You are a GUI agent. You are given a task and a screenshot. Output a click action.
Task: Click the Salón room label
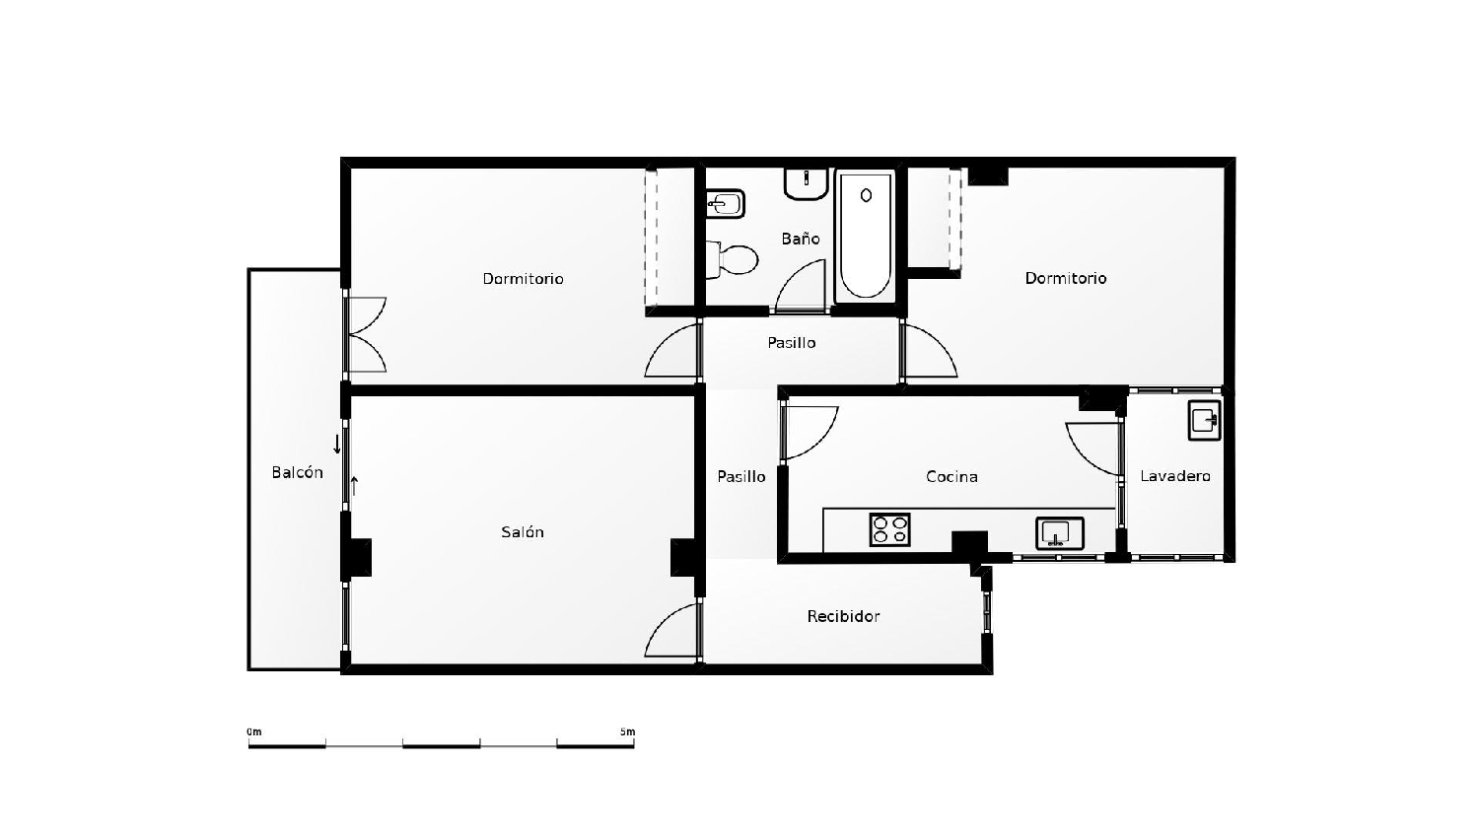(x=523, y=532)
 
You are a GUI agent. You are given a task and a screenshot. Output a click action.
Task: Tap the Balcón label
(x=297, y=473)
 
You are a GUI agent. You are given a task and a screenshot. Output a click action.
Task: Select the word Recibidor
(x=843, y=616)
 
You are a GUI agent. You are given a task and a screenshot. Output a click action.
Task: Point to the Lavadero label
(x=1175, y=476)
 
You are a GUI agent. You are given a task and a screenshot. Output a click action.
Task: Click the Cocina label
(x=951, y=477)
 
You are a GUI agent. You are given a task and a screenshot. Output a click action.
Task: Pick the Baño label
(x=801, y=239)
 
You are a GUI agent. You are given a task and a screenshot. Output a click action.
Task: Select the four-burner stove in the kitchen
(x=889, y=529)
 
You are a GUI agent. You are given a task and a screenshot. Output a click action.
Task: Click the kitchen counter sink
(x=1059, y=533)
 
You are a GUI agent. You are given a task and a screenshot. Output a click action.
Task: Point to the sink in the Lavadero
(x=1204, y=420)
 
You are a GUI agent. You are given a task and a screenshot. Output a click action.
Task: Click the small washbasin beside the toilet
(x=726, y=204)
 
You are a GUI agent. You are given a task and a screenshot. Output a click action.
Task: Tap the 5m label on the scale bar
(x=628, y=732)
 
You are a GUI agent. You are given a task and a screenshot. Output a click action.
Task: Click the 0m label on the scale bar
(x=254, y=732)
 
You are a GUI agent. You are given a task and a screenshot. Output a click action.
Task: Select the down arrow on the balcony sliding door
(x=337, y=444)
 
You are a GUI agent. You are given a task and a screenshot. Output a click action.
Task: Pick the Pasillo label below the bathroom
(x=792, y=343)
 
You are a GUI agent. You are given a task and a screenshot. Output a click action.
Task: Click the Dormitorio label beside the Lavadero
(x=1066, y=278)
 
